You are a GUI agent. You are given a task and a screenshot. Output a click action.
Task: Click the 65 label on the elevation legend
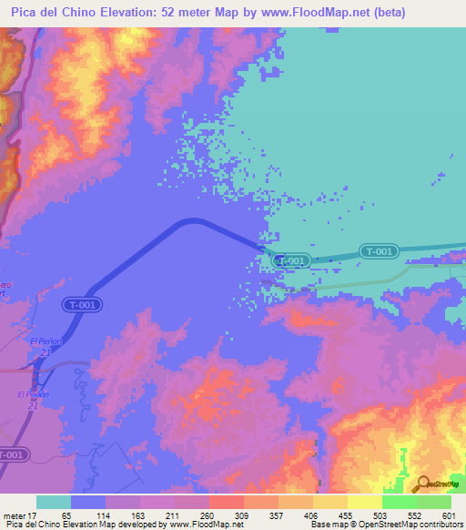coord(65,515)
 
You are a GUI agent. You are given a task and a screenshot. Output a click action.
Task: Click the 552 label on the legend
coord(415,515)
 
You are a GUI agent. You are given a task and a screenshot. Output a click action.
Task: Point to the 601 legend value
coord(448,515)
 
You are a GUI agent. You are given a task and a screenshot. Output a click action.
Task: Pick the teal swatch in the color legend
coord(54,502)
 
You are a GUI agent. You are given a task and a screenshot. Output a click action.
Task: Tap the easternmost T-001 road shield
coord(378,251)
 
